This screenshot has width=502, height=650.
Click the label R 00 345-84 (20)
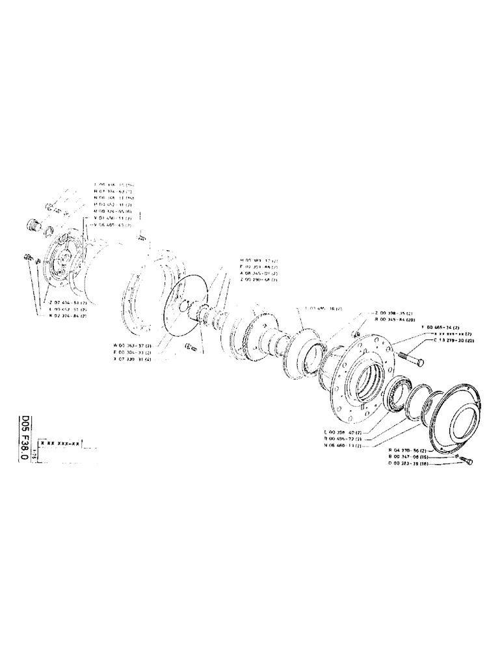click(396, 320)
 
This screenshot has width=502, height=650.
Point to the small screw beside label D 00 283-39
click(468, 462)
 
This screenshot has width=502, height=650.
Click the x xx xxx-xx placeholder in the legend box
click(60, 443)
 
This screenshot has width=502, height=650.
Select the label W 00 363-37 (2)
click(130, 344)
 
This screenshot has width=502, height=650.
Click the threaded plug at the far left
click(30, 225)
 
